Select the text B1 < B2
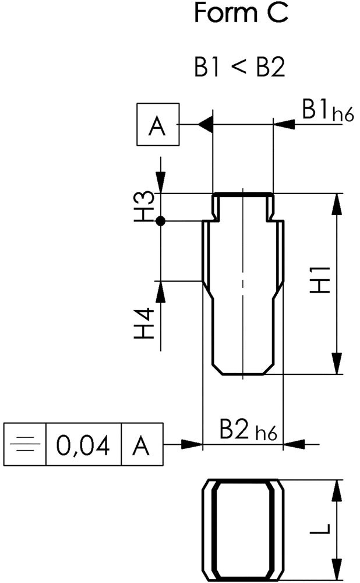coord(239,68)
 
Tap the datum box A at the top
coord(157,125)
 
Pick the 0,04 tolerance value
coord(83,446)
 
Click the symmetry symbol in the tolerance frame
coord(25,446)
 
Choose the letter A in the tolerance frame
coord(142,446)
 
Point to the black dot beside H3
coord(161,221)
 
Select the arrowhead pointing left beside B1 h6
coord(282,124)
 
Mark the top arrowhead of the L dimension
coord(337,489)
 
